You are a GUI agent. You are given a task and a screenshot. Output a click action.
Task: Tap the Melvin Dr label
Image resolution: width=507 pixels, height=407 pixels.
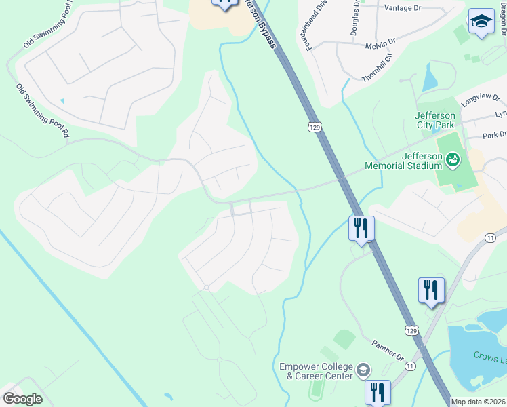tap(382, 43)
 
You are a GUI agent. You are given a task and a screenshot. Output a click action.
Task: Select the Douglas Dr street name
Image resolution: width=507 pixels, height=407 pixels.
tap(355, 18)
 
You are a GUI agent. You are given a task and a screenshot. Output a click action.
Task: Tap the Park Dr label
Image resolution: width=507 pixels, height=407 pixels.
tap(494, 135)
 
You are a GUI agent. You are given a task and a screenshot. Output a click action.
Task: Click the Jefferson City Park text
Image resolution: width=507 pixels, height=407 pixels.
tap(435, 119)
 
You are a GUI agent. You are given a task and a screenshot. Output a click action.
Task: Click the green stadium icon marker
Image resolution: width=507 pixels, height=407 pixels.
tap(453, 160)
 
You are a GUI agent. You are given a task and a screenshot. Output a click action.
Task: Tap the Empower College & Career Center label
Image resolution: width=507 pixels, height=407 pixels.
tap(316, 371)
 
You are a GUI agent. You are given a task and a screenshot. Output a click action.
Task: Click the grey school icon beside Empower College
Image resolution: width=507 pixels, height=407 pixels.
tap(363, 370)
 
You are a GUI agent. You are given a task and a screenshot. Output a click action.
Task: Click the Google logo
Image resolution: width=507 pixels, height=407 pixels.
tap(23, 399)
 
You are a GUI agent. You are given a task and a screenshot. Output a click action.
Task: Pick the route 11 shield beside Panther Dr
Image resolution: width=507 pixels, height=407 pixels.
tap(409, 366)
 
